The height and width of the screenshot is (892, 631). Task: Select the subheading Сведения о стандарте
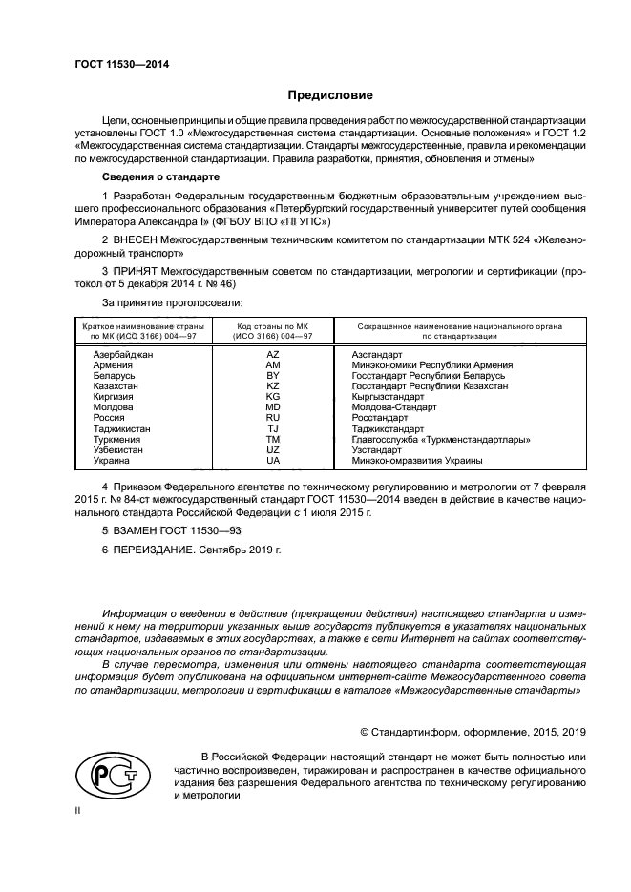click(160, 177)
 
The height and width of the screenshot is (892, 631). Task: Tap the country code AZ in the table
click(273, 354)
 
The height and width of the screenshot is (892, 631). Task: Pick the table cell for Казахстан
click(116, 385)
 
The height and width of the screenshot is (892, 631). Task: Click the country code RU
click(273, 418)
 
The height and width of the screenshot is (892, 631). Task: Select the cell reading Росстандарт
click(379, 418)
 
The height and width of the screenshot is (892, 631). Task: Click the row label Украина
click(112, 461)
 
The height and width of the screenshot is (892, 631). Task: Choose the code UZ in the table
click(273, 450)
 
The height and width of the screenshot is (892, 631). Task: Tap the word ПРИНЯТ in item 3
click(137, 272)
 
